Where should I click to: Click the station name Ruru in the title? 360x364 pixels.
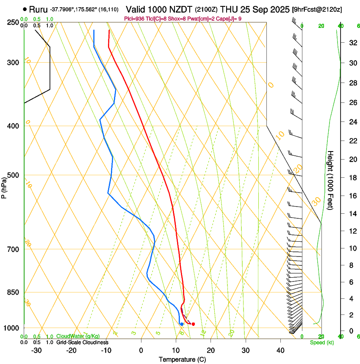[x=38, y=9]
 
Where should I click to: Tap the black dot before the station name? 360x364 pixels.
[x=25, y=9]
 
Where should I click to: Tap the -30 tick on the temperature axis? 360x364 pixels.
[x=36, y=350]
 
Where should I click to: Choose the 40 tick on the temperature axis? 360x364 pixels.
[x=280, y=350]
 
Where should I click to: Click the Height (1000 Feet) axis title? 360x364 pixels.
[x=331, y=180]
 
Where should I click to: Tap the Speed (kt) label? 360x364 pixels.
[x=322, y=342]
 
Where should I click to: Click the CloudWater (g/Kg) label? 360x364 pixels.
[x=78, y=336]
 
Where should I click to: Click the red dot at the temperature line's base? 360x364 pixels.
[x=193, y=324]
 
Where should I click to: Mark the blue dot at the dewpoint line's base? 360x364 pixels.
[x=182, y=324]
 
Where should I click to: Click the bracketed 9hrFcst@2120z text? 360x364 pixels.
[x=317, y=9]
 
